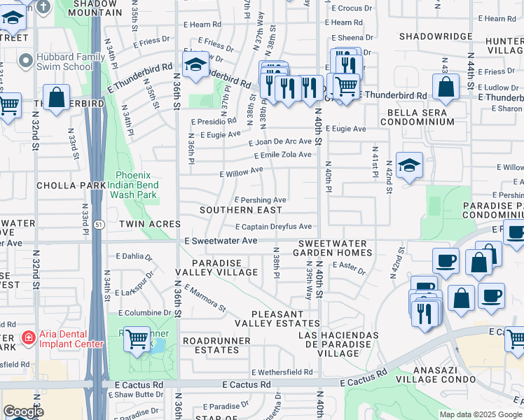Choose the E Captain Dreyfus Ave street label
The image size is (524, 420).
[x=273, y=227]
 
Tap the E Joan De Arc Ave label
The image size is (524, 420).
[x=280, y=141]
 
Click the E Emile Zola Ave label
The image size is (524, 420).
[x=280, y=155]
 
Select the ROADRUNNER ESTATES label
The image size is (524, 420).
[x=211, y=344]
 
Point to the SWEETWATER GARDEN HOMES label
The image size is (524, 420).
[x=332, y=247]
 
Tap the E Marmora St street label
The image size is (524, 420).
[x=205, y=297]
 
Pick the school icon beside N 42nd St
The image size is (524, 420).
[x=409, y=166]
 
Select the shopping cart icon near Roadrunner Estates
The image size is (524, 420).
[x=137, y=340]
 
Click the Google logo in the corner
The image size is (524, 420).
[x=23, y=412]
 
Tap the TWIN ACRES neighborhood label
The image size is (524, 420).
[x=150, y=224]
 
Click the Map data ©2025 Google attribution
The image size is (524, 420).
[x=480, y=414]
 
